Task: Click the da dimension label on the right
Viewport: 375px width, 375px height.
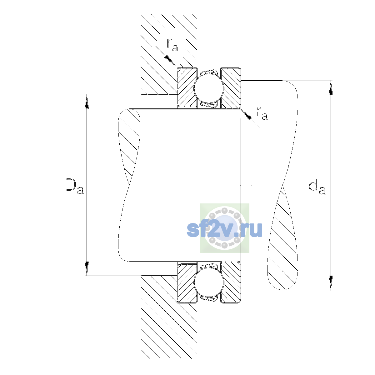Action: click(317, 188)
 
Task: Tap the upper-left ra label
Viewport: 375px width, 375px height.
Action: click(172, 45)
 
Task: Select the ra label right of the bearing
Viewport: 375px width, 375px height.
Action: click(262, 113)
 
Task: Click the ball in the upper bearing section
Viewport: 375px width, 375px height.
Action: click(209, 88)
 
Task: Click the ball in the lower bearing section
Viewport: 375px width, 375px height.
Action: click(209, 282)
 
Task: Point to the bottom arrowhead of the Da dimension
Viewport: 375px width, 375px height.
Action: click(87, 268)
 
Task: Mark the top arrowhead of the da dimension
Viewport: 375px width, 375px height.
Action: click(331, 87)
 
